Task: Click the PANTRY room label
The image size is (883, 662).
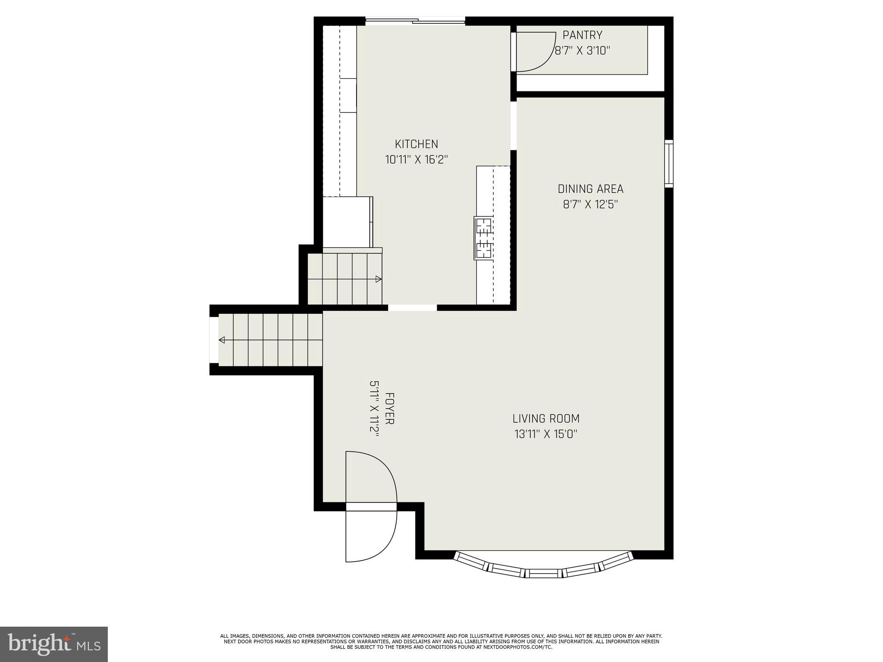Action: pyautogui.click(x=582, y=35)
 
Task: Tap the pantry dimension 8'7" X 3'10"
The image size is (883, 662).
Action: pyautogui.click(x=582, y=51)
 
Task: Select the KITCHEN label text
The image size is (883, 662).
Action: pyautogui.click(x=416, y=144)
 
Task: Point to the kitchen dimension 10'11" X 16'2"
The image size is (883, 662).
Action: pyautogui.click(x=416, y=160)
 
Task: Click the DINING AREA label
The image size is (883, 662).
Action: pyautogui.click(x=590, y=189)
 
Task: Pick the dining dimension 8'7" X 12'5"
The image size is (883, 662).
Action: pyautogui.click(x=590, y=204)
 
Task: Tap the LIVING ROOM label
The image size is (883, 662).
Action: pyautogui.click(x=545, y=418)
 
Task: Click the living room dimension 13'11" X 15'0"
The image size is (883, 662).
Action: pyautogui.click(x=545, y=434)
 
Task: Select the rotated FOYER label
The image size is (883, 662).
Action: pyautogui.click(x=389, y=408)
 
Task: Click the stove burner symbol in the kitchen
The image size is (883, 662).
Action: pyautogui.click(x=483, y=238)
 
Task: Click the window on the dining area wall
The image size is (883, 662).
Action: pyautogui.click(x=668, y=163)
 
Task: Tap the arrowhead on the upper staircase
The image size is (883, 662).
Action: pyautogui.click(x=378, y=279)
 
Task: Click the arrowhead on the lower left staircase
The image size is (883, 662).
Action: pyautogui.click(x=222, y=340)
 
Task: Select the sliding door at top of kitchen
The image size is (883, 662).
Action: pyautogui.click(x=415, y=21)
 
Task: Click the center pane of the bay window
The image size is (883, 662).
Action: pyautogui.click(x=544, y=573)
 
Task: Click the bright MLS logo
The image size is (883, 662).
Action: pyautogui.click(x=53, y=644)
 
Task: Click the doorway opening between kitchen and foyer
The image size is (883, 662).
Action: pyautogui.click(x=412, y=308)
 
